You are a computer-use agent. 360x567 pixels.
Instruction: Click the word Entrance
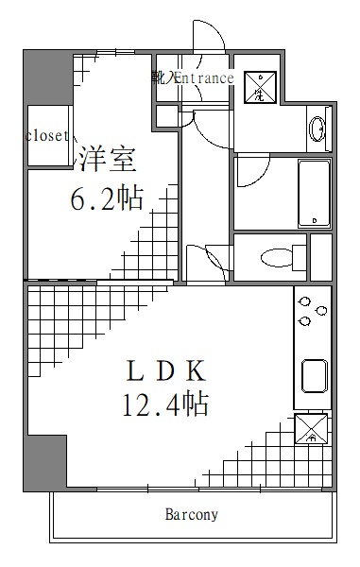click(202, 78)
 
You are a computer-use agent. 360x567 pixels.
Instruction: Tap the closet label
click(47, 136)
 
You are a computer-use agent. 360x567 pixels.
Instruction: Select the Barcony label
click(192, 515)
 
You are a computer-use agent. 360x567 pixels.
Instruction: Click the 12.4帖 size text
click(164, 404)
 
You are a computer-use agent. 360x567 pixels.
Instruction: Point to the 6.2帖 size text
click(107, 199)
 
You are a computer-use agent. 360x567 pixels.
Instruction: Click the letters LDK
click(163, 369)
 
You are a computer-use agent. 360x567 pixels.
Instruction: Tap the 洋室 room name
click(106, 158)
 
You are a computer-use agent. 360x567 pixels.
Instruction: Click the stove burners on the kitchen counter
click(312, 312)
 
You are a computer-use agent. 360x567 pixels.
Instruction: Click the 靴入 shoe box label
click(160, 78)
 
